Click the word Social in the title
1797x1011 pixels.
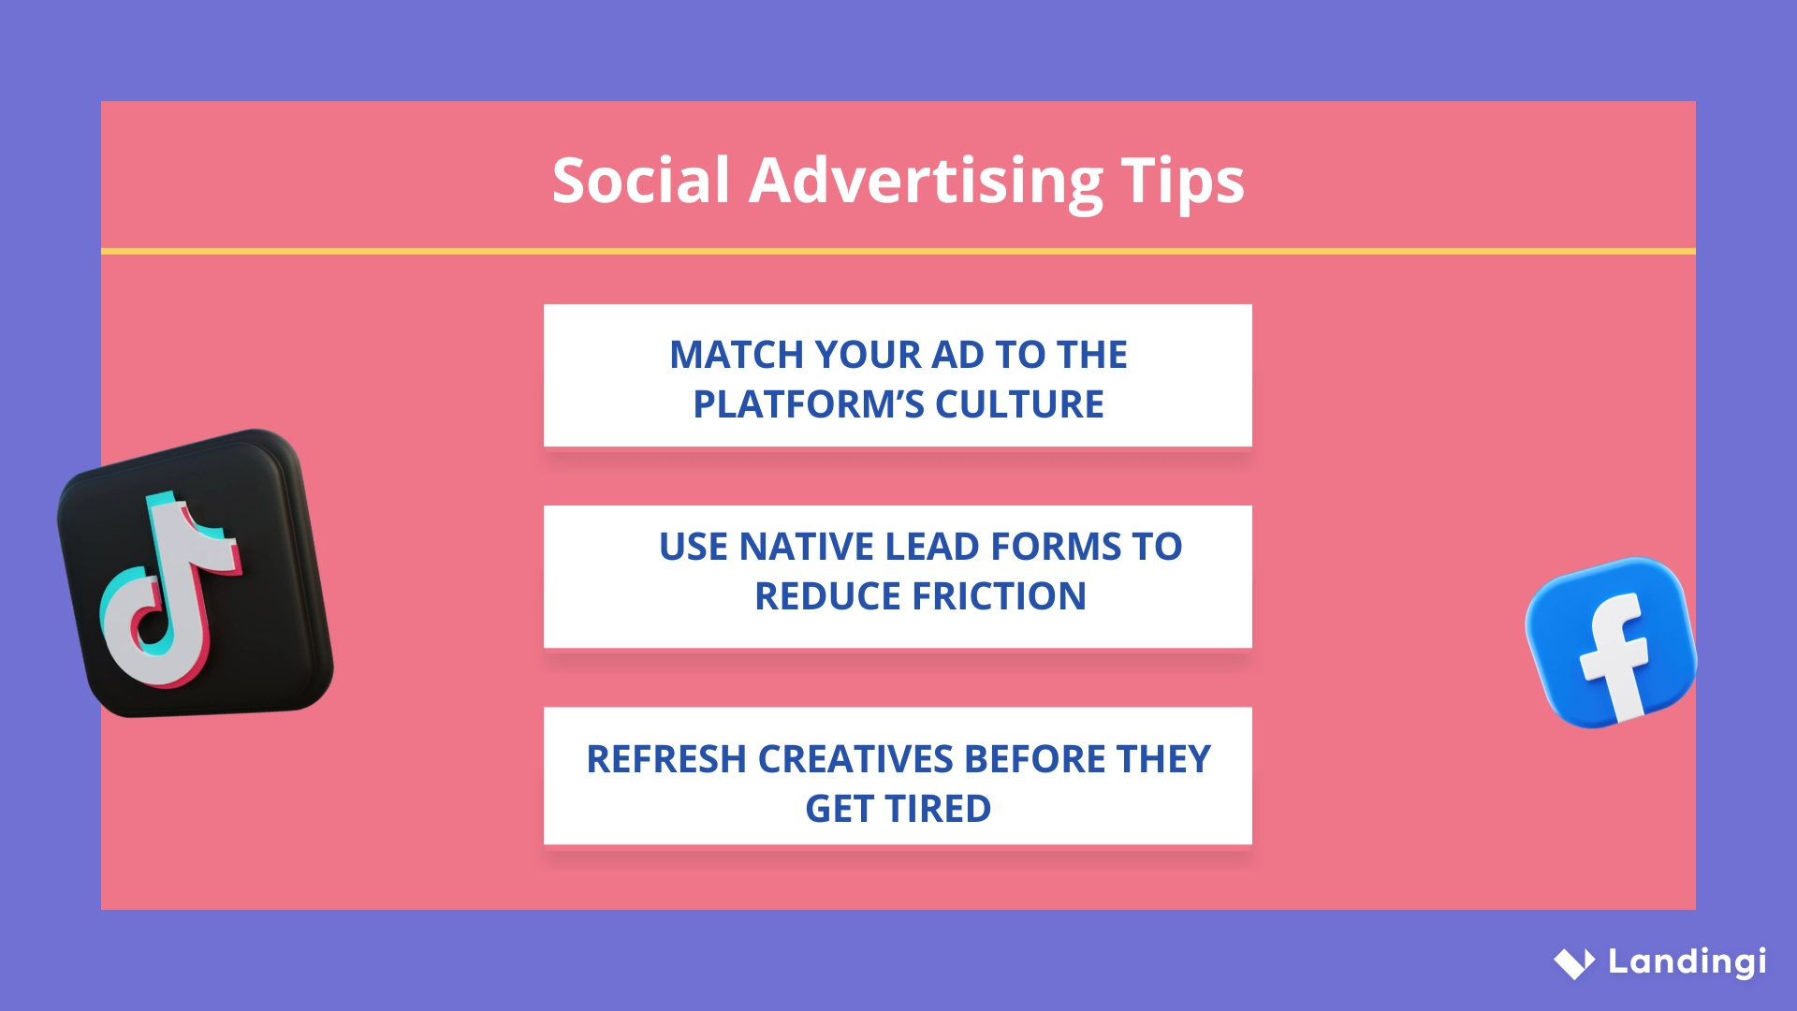tap(640, 180)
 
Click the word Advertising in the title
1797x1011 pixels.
tap(926, 180)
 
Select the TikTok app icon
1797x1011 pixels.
tap(196, 573)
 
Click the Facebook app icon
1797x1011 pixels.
tap(1610, 642)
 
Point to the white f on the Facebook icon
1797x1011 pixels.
tap(1616, 655)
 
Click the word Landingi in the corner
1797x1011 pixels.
tap(1687, 961)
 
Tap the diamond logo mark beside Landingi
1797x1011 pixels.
tap(1574, 962)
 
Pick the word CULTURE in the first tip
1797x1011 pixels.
tap(1019, 404)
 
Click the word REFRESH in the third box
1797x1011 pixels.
tap(666, 759)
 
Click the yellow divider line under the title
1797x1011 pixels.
tap(898, 251)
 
